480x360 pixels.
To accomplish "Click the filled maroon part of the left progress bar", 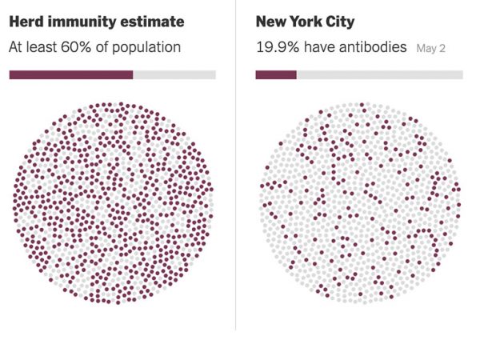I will (70, 74).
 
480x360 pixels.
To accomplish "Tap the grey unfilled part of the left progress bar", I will (174, 74).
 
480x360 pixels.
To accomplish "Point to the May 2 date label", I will (431, 48).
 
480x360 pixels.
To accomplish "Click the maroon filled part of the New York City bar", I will (276, 74).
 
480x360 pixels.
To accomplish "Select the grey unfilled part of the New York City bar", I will (379, 74).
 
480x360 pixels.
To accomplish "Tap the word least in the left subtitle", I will (45, 47).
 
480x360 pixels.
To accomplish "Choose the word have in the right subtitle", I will (318, 47).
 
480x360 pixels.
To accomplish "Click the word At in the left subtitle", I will (17, 47).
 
